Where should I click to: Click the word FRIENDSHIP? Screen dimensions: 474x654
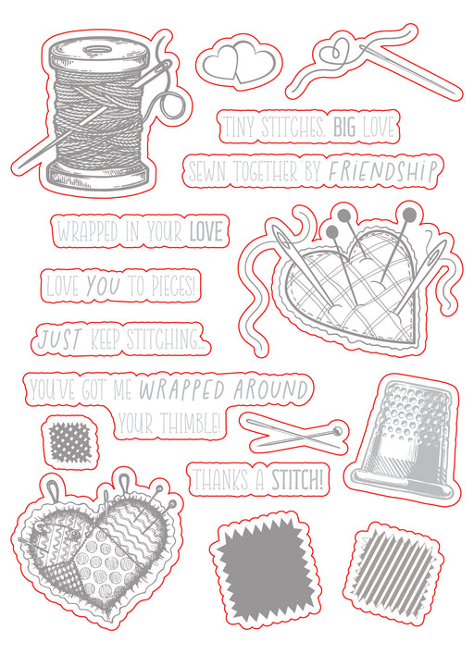381,171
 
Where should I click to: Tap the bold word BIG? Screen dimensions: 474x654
344,127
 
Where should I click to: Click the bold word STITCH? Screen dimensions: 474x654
297,480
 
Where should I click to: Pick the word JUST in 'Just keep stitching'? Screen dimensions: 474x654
58,339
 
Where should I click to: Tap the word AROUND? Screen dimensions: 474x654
270,389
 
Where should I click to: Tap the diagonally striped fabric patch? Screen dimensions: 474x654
393,570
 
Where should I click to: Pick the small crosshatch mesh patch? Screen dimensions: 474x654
69,442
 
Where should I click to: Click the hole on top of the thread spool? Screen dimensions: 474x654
99,50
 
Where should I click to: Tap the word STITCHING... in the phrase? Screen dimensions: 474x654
165,339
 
